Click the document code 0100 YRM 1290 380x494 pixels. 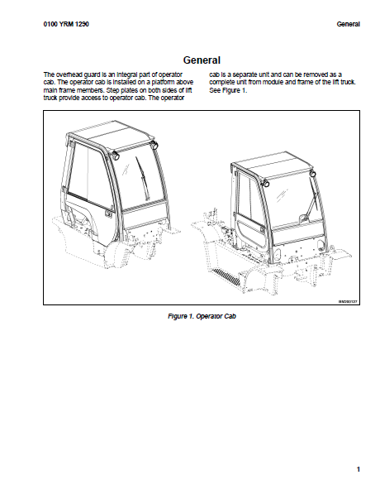(x=66, y=24)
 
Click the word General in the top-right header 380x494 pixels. (x=349, y=24)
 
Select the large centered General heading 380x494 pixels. (x=202, y=60)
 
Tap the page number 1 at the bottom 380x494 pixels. (x=359, y=469)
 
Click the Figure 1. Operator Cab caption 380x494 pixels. (x=202, y=316)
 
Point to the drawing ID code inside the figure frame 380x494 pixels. (x=348, y=301)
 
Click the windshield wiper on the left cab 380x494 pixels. (x=142, y=178)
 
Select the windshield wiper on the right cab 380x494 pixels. (x=314, y=199)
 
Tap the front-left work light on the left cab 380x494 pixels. (x=116, y=155)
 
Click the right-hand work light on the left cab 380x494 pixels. (x=154, y=146)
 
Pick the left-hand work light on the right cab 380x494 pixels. (x=266, y=184)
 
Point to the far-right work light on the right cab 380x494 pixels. (x=312, y=173)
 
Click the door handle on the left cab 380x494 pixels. (x=108, y=214)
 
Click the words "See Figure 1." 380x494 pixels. (x=228, y=90)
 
